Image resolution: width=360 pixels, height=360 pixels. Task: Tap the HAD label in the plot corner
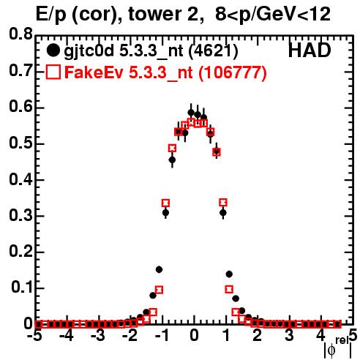click(x=310, y=50)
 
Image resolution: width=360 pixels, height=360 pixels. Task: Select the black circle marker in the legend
click(x=53, y=50)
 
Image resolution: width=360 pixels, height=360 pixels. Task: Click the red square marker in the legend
click(x=53, y=72)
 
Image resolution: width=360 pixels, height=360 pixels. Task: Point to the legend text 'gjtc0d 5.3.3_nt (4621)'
click(x=151, y=51)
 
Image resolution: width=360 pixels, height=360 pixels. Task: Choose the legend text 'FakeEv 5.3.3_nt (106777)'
click(x=166, y=72)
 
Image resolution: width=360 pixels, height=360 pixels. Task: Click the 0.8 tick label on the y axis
click(x=20, y=34)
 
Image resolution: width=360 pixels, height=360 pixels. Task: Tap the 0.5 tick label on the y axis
click(x=20, y=143)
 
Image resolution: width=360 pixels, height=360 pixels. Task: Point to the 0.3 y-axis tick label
click(x=20, y=215)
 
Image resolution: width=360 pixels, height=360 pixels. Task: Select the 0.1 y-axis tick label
click(x=23, y=288)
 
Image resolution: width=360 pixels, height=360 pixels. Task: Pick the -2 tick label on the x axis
click(x=130, y=335)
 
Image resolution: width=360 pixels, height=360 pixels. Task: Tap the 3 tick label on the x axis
click(x=289, y=335)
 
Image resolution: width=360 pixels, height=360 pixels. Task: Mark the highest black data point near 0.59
click(x=191, y=113)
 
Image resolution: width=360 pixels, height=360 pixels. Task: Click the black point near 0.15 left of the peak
click(x=159, y=269)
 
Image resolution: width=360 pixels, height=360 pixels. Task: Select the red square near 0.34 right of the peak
click(x=223, y=202)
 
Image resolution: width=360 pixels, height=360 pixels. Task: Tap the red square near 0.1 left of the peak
click(x=159, y=290)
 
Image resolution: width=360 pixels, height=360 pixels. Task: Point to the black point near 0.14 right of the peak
click(x=229, y=274)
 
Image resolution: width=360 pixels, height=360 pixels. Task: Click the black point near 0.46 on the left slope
click(x=172, y=160)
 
